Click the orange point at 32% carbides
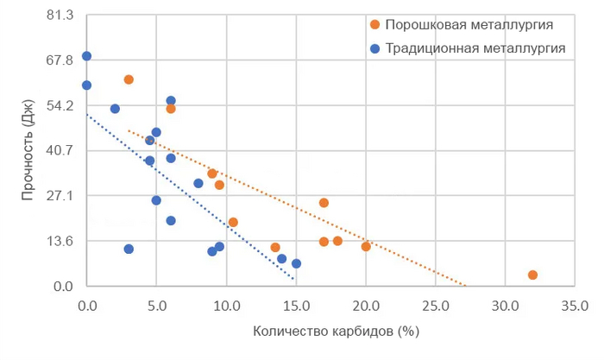[532, 275]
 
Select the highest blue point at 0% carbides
[86, 56]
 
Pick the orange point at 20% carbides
[366, 246]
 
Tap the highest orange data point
[129, 79]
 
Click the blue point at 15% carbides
[296, 263]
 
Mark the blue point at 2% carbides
[115, 109]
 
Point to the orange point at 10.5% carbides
[233, 222]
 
